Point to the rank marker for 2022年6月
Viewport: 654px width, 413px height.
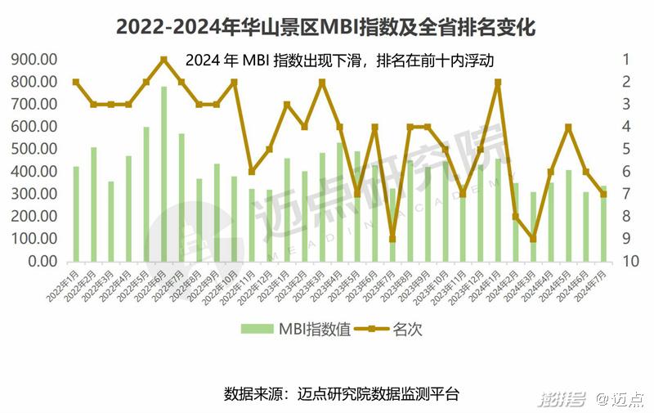pos(163,59)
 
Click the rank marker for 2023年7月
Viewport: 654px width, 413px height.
pos(392,239)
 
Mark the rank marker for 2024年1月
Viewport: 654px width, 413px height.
pos(498,82)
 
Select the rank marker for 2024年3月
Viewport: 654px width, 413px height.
pos(533,239)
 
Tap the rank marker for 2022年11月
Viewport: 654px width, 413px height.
pos(252,172)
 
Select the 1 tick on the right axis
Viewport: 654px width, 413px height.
pos(625,60)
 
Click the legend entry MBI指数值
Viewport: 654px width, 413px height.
pos(295,329)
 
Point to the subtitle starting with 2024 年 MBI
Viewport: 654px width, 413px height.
pos(340,60)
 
